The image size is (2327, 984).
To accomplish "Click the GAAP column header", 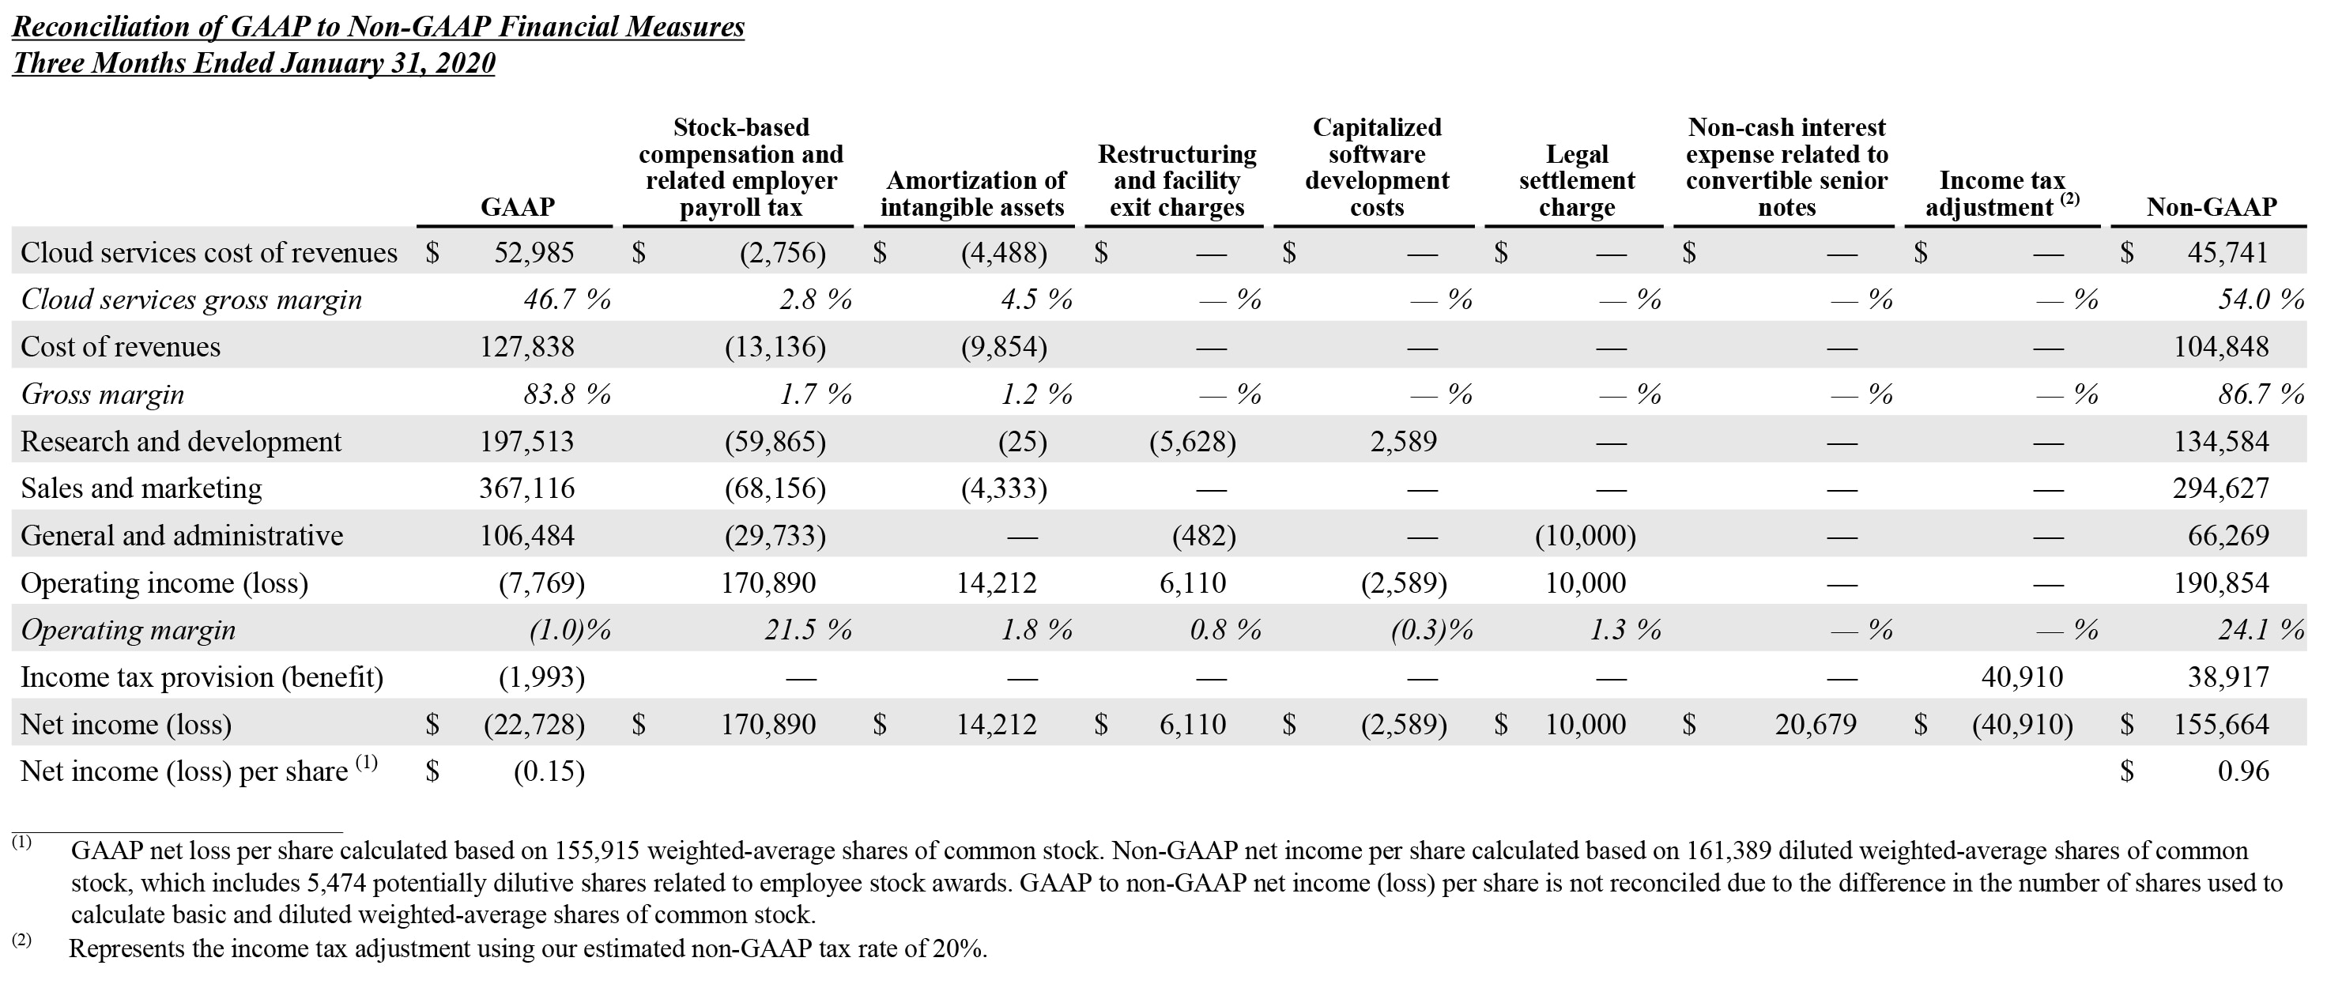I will [517, 207].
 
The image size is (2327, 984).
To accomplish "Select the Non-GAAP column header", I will [2212, 207].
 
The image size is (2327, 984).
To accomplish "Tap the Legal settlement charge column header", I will [1576, 181].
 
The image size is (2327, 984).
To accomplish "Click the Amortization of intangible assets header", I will [972, 194].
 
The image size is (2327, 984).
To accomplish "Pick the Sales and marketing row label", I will [141, 488].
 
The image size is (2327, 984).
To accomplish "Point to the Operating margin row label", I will [127, 630].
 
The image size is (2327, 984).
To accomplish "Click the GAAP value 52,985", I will [533, 252].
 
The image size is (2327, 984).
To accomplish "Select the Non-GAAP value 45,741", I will [2227, 252].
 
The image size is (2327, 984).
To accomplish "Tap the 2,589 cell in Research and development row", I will [1402, 442].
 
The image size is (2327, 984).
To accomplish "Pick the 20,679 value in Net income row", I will [1815, 725].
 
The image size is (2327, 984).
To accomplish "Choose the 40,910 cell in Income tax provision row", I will [2021, 677].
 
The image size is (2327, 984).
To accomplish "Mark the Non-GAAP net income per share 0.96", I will [2242, 771].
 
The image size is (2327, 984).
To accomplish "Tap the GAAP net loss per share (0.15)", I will [549, 771].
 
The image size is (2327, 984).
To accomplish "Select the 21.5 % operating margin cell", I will [807, 630].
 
